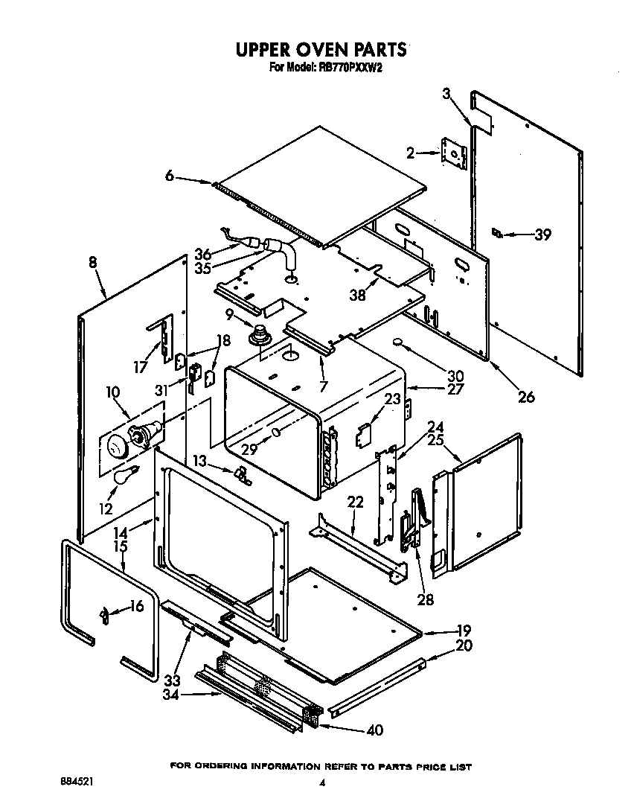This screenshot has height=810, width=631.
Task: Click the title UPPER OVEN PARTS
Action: pyautogui.click(x=321, y=50)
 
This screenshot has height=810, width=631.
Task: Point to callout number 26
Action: pyautogui.click(x=526, y=397)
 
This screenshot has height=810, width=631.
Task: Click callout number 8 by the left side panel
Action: pyautogui.click(x=92, y=262)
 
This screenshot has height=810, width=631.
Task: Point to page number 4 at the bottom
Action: pyautogui.click(x=322, y=782)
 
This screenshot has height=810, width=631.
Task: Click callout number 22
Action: pyautogui.click(x=355, y=503)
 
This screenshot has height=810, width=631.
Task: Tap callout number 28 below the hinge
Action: pyautogui.click(x=425, y=599)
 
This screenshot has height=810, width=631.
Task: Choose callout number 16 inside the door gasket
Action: pyautogui.click(x=135, y=607)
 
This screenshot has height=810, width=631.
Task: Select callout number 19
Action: pyautogui.click(x=464, y=629)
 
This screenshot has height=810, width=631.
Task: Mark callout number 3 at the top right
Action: pyautogui.click(x=446, y=94)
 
